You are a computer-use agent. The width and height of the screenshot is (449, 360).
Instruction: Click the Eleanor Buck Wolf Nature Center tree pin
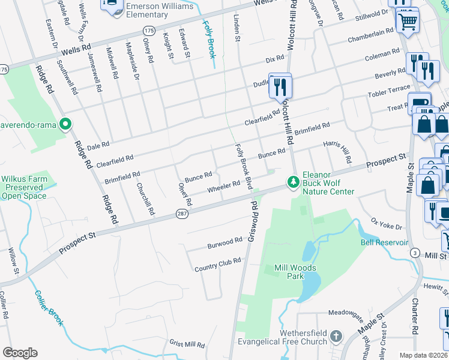click(x=293, y=181)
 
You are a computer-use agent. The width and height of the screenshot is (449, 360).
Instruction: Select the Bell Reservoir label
click(x=384, y=242)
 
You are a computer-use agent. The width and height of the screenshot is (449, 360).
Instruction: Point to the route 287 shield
click(x=182, y=213)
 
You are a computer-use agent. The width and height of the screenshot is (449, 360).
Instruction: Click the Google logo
click(x=19, y=352)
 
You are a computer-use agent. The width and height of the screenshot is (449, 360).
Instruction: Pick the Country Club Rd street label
click(x=217, y=265)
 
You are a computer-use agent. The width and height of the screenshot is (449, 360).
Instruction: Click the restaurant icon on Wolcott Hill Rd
click(x=280, y=87)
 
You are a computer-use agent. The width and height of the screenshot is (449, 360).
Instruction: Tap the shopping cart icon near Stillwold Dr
click(x=408, y=22)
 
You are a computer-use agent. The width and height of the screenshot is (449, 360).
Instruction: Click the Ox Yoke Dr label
click(x=386, y=224)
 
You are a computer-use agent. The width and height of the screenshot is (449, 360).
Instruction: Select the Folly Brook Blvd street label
click(x=243, y=166)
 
